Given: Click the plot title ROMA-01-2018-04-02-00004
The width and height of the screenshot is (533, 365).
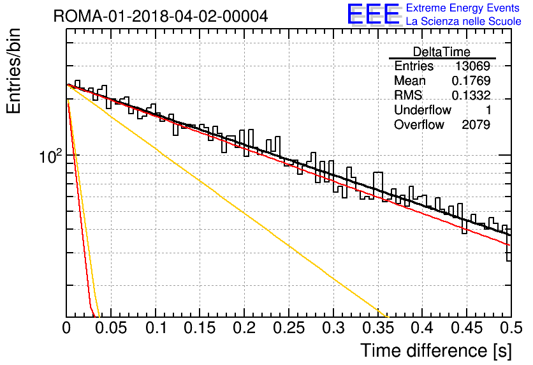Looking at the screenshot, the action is pos(161,16).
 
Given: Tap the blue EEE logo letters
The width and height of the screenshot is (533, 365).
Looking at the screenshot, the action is pos(374,14).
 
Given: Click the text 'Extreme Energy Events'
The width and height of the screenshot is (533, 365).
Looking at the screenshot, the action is pos(463,8).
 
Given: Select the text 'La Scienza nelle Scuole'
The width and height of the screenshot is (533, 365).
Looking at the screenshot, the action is pos(464,21).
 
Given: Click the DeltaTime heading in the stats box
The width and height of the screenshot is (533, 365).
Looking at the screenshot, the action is pos(442,52).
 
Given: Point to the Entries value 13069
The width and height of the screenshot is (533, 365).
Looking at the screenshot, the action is pos(472,66).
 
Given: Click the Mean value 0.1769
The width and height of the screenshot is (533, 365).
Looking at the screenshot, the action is pos(471,80).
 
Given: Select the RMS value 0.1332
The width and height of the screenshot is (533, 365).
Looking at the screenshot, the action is pos(471,95).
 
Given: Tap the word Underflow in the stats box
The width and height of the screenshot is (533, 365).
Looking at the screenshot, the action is pos(423,110).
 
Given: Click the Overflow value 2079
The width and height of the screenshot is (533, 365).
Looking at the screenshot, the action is pos(476,124).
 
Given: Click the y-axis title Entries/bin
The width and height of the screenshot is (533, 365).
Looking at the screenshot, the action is pos(13,71).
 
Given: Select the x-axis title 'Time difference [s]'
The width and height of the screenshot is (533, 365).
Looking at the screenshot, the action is pos(436,350).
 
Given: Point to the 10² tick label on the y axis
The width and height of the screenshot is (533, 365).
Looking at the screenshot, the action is pos(51,156).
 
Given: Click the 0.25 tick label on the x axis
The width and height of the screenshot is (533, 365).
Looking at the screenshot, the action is pos(289,328).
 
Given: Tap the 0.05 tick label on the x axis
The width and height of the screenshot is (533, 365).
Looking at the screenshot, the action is pos(111,328).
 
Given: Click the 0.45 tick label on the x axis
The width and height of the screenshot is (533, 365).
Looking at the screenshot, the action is pos(467,328).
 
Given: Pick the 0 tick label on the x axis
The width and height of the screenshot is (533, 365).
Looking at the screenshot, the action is pos(66,328).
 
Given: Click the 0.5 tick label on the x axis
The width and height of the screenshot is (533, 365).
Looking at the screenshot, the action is pos(511,328).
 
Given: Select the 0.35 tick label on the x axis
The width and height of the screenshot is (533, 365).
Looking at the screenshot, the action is pos(378,328).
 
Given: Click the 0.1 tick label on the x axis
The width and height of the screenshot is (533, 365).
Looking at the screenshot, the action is pos(156,328).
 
